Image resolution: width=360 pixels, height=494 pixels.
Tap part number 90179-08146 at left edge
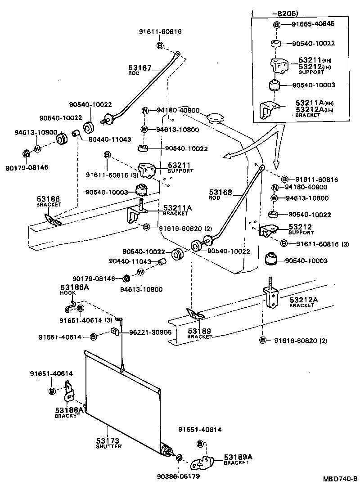click(27, 167)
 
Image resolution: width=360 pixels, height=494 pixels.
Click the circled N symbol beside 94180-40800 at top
click(145, 111)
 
